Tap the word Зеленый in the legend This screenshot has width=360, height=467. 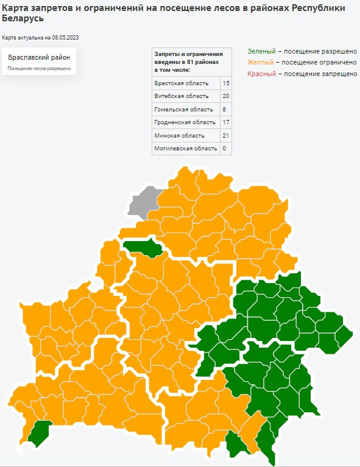pyautogui.click(x=261, y=51)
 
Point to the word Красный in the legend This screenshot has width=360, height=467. pyautogui.click(x=261, y=73)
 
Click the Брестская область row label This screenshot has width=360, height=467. pyautogui.click(x=182, y=83)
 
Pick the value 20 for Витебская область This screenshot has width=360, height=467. pyautogui.click(x=226, y=96)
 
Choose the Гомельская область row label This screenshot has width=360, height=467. pyautogui.click(x=183, y=109)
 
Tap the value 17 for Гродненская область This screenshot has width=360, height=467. pyautogui.click(x=226, y=122)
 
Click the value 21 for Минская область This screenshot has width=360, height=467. pyautogui.click(x=226, y=135)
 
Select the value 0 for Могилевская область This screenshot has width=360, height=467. pyautogui.click(x=225, y=149)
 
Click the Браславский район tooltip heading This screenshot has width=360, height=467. pyautogui.click(x=39, y=57)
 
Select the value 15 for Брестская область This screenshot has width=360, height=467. pyautogui.click(x=226, y=83)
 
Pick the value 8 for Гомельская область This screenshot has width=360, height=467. pyautogui.click(x=225, y=109)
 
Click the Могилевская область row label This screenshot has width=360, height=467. pyautogui.click(x=186, y=149)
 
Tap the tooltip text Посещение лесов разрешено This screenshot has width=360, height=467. pyautogui.click(x=39, y=69)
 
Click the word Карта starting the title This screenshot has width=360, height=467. pyautogui.click(x=16, y=8)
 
